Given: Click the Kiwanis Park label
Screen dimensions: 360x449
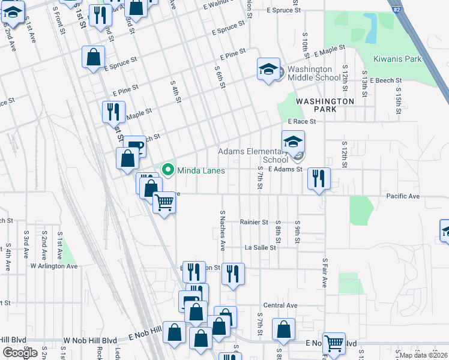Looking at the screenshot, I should (397, 59).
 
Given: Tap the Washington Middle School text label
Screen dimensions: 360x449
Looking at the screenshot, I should (314, 73).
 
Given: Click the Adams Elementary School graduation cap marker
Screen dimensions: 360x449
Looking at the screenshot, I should (293, 142).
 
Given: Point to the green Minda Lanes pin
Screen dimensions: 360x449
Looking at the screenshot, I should (168, 170).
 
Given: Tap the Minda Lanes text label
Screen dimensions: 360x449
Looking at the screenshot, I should (200, 170).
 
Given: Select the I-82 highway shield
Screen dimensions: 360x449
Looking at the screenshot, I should (394, 9).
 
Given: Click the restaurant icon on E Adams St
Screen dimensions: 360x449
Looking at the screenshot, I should (318, 178).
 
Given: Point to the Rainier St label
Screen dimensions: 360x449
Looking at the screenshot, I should (253, 222).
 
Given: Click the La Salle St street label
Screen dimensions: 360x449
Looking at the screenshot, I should (260, 247).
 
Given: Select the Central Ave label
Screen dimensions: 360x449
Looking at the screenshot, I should (280, 305).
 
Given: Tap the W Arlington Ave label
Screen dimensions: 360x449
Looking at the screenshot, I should (54, 266).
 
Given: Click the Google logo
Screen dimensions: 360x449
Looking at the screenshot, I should (19, 352).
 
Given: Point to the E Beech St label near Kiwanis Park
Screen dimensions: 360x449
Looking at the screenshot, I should (385, 80).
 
